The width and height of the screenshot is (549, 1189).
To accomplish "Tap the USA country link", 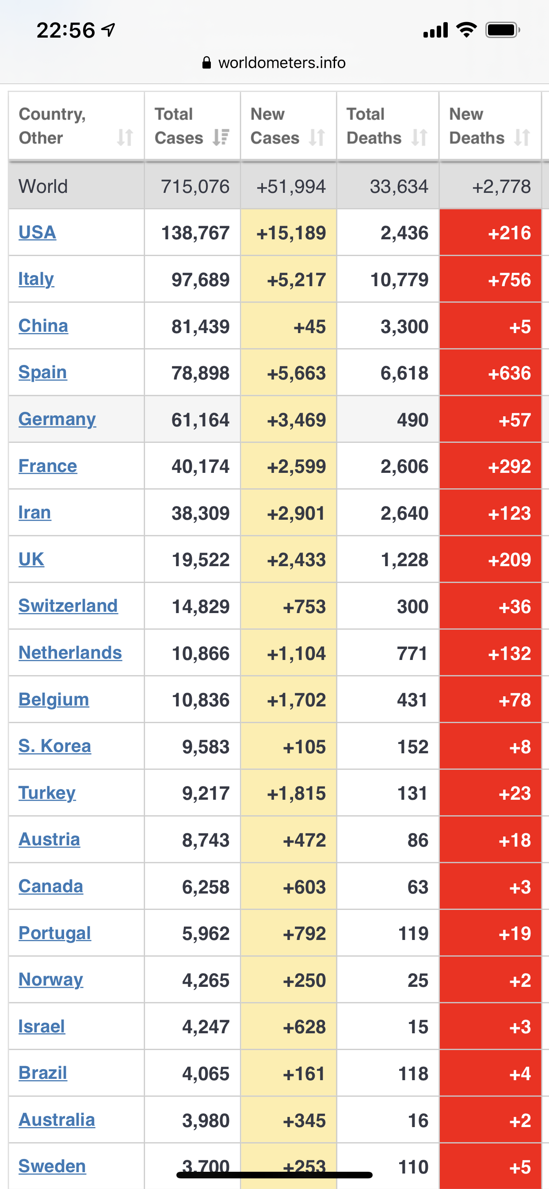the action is (x=38, y=232).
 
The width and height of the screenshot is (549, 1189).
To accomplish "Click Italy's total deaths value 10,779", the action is (x=400, y=280).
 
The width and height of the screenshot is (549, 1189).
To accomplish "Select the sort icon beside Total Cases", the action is (x=221, y=137).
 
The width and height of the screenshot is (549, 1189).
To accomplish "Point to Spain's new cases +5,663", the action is (x=297, y=373).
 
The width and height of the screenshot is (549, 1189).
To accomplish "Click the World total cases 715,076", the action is (x=195, y=187).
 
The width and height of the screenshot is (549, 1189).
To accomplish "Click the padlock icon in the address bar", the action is (x=207, y=62).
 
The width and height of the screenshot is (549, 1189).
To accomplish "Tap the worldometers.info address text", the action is (x=282, y=62).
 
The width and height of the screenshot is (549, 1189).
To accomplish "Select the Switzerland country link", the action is (x=68, y=606).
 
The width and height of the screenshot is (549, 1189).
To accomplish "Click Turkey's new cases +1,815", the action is (x=297, y=793).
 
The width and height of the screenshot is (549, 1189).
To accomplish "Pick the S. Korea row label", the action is (x=55, y=746).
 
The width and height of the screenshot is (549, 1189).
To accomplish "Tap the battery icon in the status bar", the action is (x=503, y=30).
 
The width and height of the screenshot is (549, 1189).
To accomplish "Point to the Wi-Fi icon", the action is (x=466, y=30).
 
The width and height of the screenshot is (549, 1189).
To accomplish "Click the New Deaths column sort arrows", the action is (x=522, y=137).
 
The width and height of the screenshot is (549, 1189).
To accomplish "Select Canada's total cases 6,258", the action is (x=206, y=887).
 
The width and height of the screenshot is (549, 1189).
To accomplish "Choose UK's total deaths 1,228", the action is (x=404, y=560).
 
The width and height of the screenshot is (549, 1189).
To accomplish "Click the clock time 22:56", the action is (x=65, y=31).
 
